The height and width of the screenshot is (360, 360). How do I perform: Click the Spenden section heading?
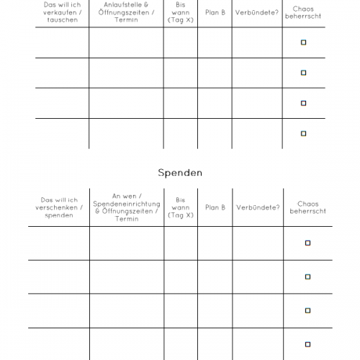180,173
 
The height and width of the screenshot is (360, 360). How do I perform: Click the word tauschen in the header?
62,21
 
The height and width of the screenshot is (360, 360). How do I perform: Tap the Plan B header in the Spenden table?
215,207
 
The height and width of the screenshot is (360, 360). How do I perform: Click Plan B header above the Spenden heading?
215,12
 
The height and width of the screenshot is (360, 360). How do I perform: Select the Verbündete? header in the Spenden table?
258,207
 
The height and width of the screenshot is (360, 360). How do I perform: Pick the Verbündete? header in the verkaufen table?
257,12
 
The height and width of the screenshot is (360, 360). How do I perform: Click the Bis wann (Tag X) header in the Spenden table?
180,207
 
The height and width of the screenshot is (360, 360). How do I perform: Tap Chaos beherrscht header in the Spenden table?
308,207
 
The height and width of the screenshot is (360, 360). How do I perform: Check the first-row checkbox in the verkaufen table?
303,42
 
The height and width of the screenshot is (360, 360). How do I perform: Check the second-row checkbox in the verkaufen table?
303,73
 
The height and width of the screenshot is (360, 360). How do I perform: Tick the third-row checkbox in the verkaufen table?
303,103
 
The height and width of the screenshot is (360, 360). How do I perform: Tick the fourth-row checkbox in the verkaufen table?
303,133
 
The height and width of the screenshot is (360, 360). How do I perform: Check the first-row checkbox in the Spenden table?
307,243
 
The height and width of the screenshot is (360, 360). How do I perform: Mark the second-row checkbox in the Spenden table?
307,276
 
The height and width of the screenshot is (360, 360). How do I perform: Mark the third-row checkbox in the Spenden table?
307,310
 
